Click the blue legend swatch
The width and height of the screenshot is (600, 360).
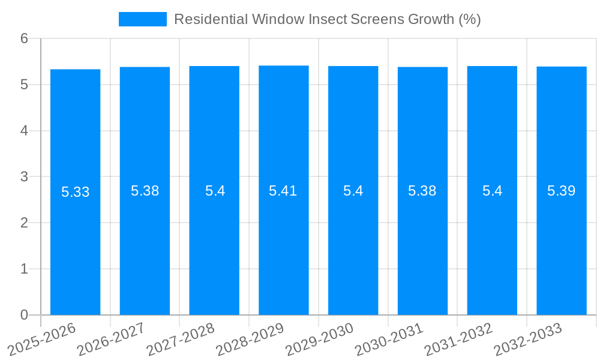pos(143,19)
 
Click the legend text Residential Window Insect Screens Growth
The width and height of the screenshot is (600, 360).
pos(327,19)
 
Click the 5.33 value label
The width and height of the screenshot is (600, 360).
pos(76,192)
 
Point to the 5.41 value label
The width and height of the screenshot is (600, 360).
pos(283,191)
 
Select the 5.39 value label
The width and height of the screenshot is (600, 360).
pos(562,191)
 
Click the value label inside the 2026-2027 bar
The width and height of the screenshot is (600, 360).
pos(145,191)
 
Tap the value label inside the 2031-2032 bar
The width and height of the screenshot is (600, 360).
pos(493,191)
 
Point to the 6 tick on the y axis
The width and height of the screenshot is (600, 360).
pos(25,38)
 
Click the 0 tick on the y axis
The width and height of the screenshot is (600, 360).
pos(25,315)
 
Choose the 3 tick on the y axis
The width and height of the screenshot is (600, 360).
pos(25,177)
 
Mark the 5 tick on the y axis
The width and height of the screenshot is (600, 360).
pos(25,85)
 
